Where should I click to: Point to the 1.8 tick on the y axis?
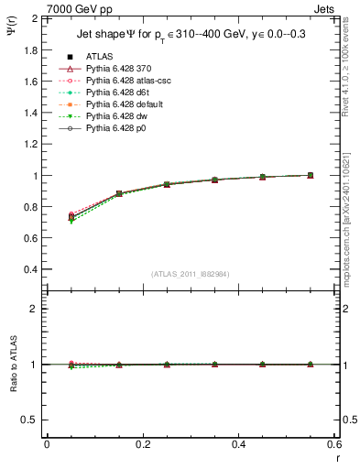tap(29, 49)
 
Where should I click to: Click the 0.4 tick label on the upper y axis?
tap(29, 270)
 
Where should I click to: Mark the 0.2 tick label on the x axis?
tap(142, 444)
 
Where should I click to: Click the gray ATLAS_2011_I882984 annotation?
tap(190, 274)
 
